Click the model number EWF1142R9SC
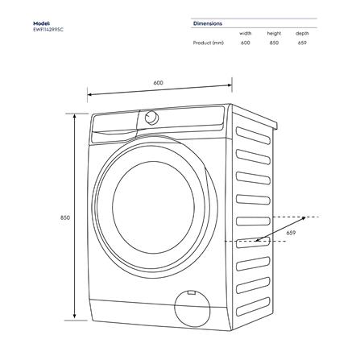click(x=49, y=31)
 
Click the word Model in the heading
click(x=42, y=23)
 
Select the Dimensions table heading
click(x=208, y=23)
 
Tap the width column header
click(x=246, y=34)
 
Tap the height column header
click(x=274, y=34)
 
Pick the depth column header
click(x=301, y=34)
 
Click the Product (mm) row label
click(x=209, y=43)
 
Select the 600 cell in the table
click(x=246, y=43)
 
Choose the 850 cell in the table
click(x=274, y=43)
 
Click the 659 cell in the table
click(x=301, y=43)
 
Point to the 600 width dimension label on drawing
click(x=158, y=83)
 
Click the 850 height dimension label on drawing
click(x=64, y=217)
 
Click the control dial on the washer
click(x=151, y=118)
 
